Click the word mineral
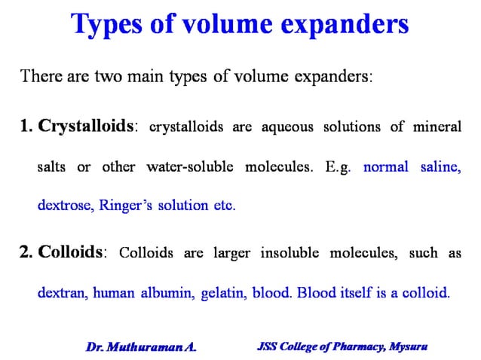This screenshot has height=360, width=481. tap(437, 127)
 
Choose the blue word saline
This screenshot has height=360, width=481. tap(440, 166)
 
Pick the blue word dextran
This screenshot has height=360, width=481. tap(61, 292)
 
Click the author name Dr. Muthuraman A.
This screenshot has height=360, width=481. tap(141, 347)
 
